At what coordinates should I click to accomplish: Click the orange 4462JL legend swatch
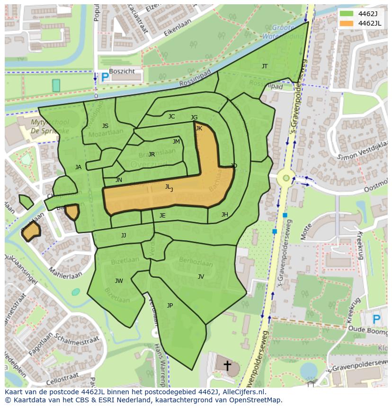(x=346, y=23)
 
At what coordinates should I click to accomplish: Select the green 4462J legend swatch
(x=346, y=14)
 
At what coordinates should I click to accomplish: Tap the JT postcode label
(x=265, y=66)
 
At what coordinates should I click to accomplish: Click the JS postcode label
(x=105, y=126)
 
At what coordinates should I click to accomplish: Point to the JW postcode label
(x=119, y=281)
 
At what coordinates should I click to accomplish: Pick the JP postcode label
(x=170, y=306)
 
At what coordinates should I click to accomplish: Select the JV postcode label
(x=201, y=277)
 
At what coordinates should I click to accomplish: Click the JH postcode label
(x=225, y=215)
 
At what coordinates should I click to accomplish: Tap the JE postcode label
(x=162, y=216)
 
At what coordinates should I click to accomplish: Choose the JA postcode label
(x=78, y=167)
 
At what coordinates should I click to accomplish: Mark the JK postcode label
(x=199, y=128)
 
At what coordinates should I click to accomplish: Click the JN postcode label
(x=119, y=180)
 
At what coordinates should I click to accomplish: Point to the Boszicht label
(x=122, y=72)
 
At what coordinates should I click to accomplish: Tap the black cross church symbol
(x=227, y=366)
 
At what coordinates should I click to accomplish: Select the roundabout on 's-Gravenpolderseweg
(x=286, y=179)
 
